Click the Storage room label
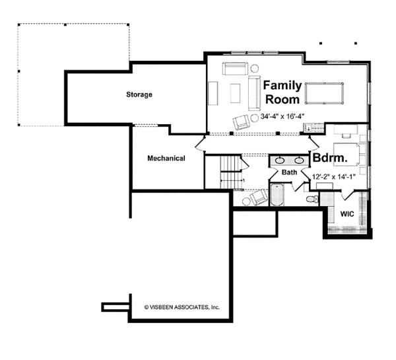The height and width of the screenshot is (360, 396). (139, 94)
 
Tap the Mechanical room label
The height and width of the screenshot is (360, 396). (166, 159)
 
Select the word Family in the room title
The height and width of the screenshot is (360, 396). (282, 85)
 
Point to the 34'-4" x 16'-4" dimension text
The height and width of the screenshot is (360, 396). (282, 116)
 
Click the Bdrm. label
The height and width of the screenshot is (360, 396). (330, 158)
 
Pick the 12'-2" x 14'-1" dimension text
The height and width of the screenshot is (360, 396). (334, 177)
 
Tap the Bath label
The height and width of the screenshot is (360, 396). (290, 172)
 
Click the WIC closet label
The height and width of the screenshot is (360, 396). (347, 214)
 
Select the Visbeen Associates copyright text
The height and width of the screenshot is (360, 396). (182, 307)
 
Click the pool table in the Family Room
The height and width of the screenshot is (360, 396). (324, 93)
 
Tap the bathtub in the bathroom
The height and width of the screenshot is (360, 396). (277, 195)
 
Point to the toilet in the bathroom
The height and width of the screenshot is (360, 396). (313, 199)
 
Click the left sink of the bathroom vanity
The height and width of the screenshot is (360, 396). (279, 160)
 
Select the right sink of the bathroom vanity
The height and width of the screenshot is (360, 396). (299, 160)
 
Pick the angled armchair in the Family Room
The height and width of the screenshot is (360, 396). (242, 122)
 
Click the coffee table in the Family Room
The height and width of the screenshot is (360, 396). (235, 93)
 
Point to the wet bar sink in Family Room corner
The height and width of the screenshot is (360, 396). (308, 127)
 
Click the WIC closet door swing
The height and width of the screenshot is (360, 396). (347, 195)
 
